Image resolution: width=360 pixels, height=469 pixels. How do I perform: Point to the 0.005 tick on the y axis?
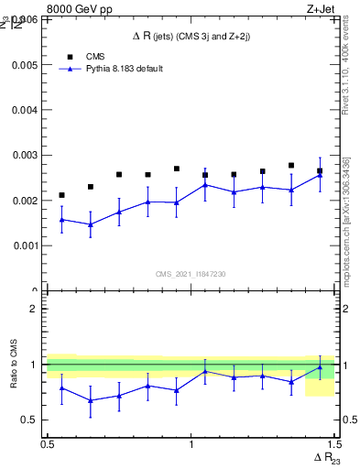[26, 66]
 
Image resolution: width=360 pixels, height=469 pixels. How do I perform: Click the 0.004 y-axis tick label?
[26, 111]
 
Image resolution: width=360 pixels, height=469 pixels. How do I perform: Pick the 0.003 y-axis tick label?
[26, 156]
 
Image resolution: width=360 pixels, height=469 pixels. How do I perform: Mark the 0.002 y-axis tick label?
[26, 201]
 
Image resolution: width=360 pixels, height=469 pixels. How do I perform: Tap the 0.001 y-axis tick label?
[26, 245]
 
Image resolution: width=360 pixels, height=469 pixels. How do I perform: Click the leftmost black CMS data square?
[61, 195]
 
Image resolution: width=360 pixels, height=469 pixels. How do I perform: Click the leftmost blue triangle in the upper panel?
[61, 220]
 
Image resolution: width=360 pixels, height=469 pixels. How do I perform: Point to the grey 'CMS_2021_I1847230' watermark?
[191, 275]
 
